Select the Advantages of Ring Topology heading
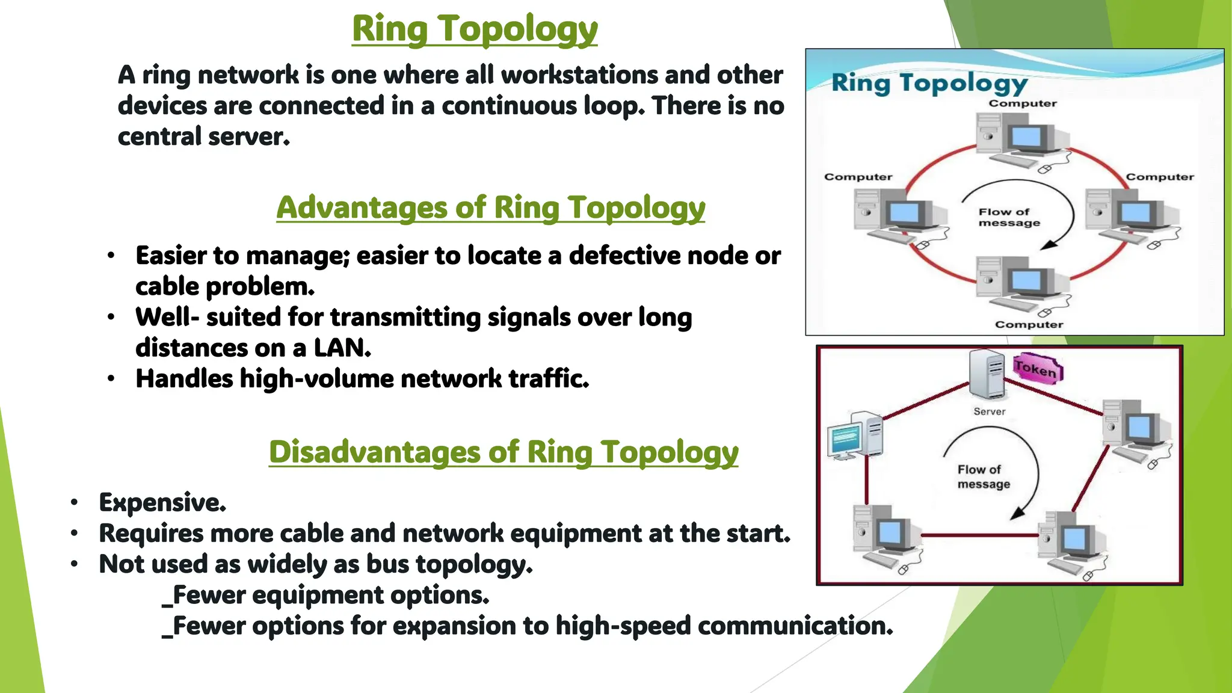pos(490,208)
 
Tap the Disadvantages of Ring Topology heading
pos(503,452)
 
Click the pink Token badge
pos(1036,368)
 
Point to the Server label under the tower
pos(989,411)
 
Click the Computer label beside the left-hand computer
pos(858,177)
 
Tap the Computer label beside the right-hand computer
pos(1159,177)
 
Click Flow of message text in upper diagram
pos(1008,217)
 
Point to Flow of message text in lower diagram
pos(983,476)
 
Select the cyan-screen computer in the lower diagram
pos(855,436)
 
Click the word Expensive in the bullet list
pos(162,502)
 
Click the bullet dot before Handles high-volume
pos(111,379)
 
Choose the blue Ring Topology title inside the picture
pos(929,83)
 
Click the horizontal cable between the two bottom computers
pos(979,535)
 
